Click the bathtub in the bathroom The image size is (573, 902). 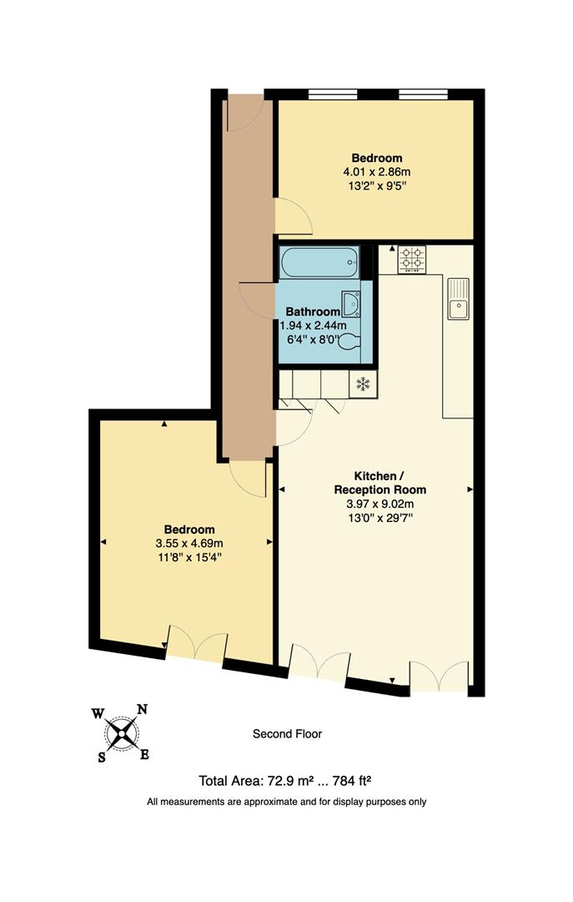tap(319, 264)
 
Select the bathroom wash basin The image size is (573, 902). tap(350, 302)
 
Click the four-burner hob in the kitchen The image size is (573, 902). tap(410, 258)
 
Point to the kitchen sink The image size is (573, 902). tap(459, 300)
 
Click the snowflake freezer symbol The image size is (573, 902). tap(363, 384)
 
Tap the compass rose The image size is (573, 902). tap(123, 733)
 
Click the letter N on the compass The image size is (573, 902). tap(142, 710)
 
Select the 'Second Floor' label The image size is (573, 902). tap(287, 734)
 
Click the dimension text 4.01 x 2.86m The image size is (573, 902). tap(376, 171)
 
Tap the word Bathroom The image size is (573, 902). tap(313, 312)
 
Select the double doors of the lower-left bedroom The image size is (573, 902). tap(197, 645)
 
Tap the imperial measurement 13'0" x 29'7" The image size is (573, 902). tap(379, 518)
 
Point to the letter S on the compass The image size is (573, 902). tap(103, 758)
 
